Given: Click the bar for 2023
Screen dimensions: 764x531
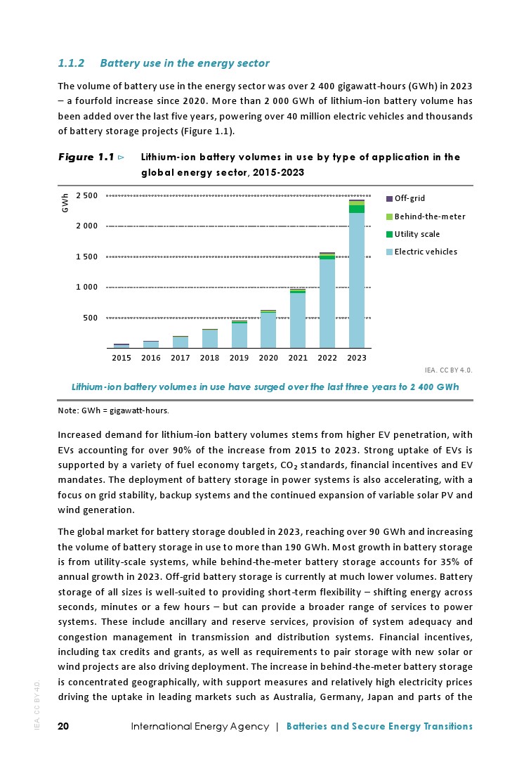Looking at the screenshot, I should point(357,281).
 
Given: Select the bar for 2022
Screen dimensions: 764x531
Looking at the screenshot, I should point(327,302).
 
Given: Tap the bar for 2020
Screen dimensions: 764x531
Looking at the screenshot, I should point(268,330).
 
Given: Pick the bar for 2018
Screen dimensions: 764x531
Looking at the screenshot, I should point(210,339).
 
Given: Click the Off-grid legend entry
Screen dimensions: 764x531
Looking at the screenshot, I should point(409,198).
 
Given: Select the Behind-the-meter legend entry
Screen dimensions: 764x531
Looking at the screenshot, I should point(429,216).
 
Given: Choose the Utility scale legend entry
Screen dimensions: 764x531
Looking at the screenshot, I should point(417,234).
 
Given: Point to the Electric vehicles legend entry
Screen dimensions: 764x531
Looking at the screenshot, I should point(426,252).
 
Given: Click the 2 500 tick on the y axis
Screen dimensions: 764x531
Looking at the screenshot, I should point(87,195).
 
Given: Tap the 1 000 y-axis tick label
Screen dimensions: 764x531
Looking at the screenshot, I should point(87,287).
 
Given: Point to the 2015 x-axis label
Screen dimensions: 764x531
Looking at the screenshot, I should point(122,358).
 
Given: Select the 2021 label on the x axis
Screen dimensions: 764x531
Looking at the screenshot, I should point(298,358).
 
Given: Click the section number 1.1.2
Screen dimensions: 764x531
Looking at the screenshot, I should point(71,63).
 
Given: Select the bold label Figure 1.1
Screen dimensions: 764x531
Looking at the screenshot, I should point(86,157).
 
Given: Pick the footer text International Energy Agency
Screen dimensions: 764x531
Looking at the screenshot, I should point(200,726).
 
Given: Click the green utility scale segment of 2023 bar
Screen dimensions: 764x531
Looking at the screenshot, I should point(357,209).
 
